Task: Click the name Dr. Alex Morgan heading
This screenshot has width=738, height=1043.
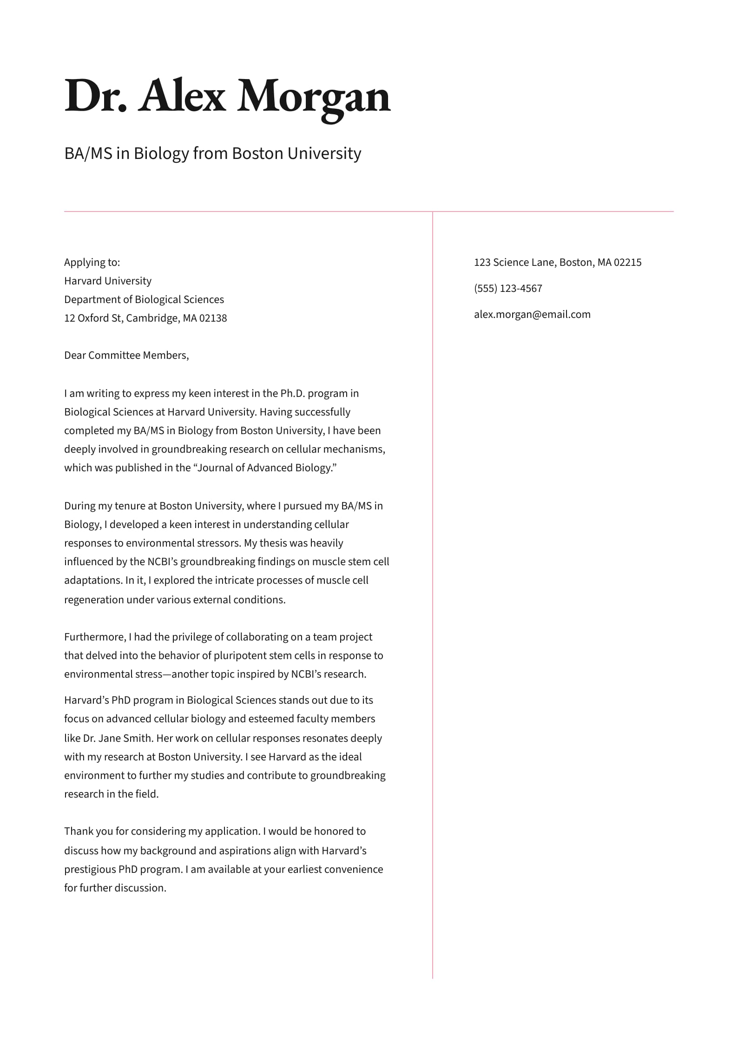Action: point(227,97)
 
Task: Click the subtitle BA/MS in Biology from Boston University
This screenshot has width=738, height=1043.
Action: point(212,153)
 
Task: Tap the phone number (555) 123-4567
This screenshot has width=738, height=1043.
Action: point(508,289)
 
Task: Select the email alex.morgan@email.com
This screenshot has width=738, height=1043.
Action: point(532,315)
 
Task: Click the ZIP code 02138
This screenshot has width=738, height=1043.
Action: point(213,318)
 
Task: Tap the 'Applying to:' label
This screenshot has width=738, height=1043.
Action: point(92,263)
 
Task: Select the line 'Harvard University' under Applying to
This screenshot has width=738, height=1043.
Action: point(108,281)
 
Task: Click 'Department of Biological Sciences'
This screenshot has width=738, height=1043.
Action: point(144,300)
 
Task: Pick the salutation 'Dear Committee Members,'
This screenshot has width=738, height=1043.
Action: point(126,356)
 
